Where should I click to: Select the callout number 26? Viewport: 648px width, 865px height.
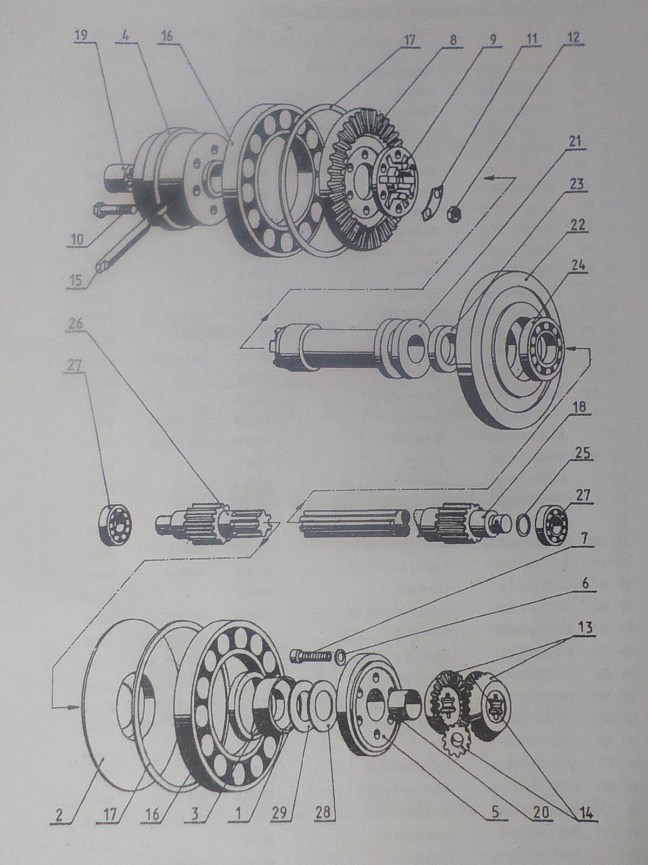76,324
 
